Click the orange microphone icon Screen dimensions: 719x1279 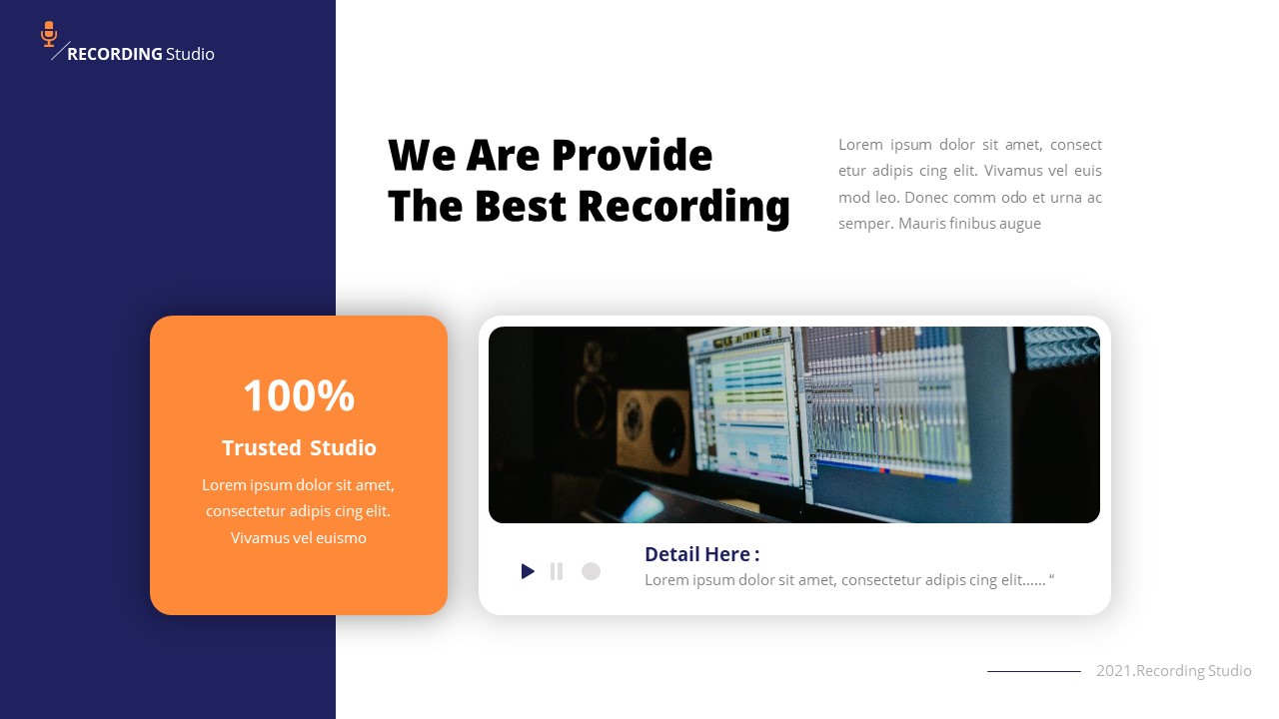click(49, 34)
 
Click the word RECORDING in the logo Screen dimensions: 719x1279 click(114, 54)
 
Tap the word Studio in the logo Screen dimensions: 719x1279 click(190, 54)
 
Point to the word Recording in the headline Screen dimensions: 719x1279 click(683, 207)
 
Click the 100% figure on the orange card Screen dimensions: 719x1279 click(299, 395)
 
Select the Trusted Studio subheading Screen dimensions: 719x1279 click(299, 448)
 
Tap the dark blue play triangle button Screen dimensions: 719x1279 click(528, 571)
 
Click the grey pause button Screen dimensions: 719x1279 click(557, 571)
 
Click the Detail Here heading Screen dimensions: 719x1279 click(701, 554)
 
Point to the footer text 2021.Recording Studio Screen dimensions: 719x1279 click(1173, 671)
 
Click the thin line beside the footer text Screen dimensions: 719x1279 click(1033, 671)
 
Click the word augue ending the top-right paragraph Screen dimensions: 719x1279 click(1019, 224)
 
